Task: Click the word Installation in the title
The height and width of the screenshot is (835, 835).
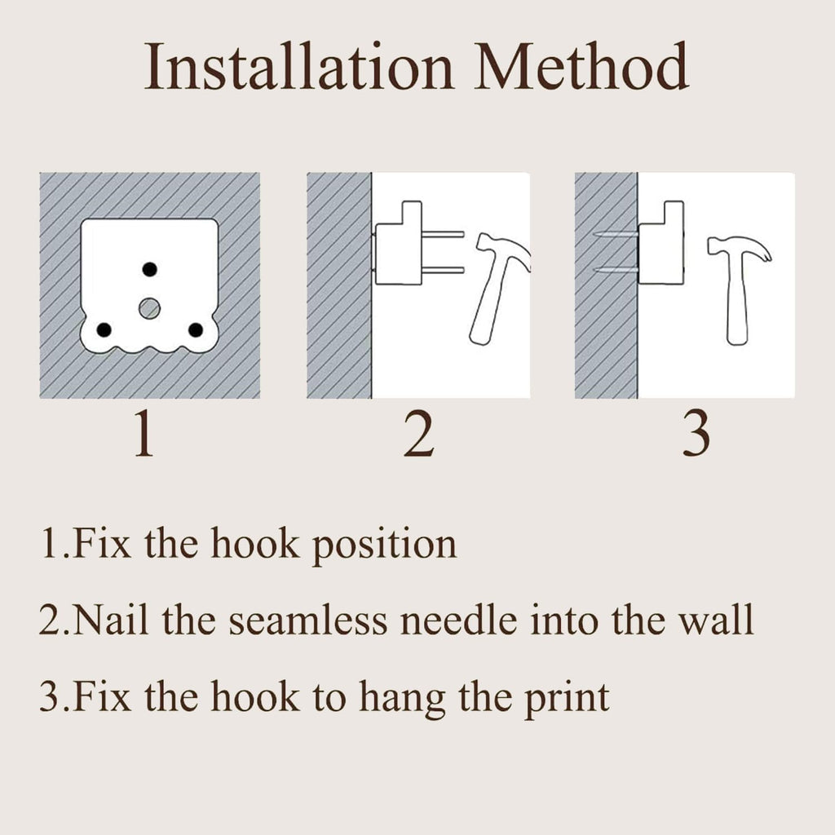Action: (298, 67)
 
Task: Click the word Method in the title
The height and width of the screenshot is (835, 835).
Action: (582, 67)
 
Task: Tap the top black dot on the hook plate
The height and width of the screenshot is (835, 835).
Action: (150, 269)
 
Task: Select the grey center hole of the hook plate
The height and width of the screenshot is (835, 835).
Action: (150, 308)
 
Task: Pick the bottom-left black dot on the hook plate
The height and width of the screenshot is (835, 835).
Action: (104, 330)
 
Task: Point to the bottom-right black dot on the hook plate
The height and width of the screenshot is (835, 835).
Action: (196, 330)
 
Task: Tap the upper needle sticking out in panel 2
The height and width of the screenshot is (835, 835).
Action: (443, 234)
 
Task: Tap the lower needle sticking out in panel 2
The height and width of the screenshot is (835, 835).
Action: (443, 270)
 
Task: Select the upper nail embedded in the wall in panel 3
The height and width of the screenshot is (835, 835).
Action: (615, 234)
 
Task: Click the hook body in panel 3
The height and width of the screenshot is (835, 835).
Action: (660, 243)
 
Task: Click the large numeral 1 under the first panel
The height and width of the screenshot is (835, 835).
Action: (144, 434)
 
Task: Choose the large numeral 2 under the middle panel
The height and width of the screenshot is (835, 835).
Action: (418, 434)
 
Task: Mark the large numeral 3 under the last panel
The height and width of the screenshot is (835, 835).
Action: (696, 434)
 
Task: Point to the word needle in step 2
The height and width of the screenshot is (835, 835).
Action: (458, 621)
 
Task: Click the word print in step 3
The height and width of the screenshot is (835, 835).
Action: (567, 699)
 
